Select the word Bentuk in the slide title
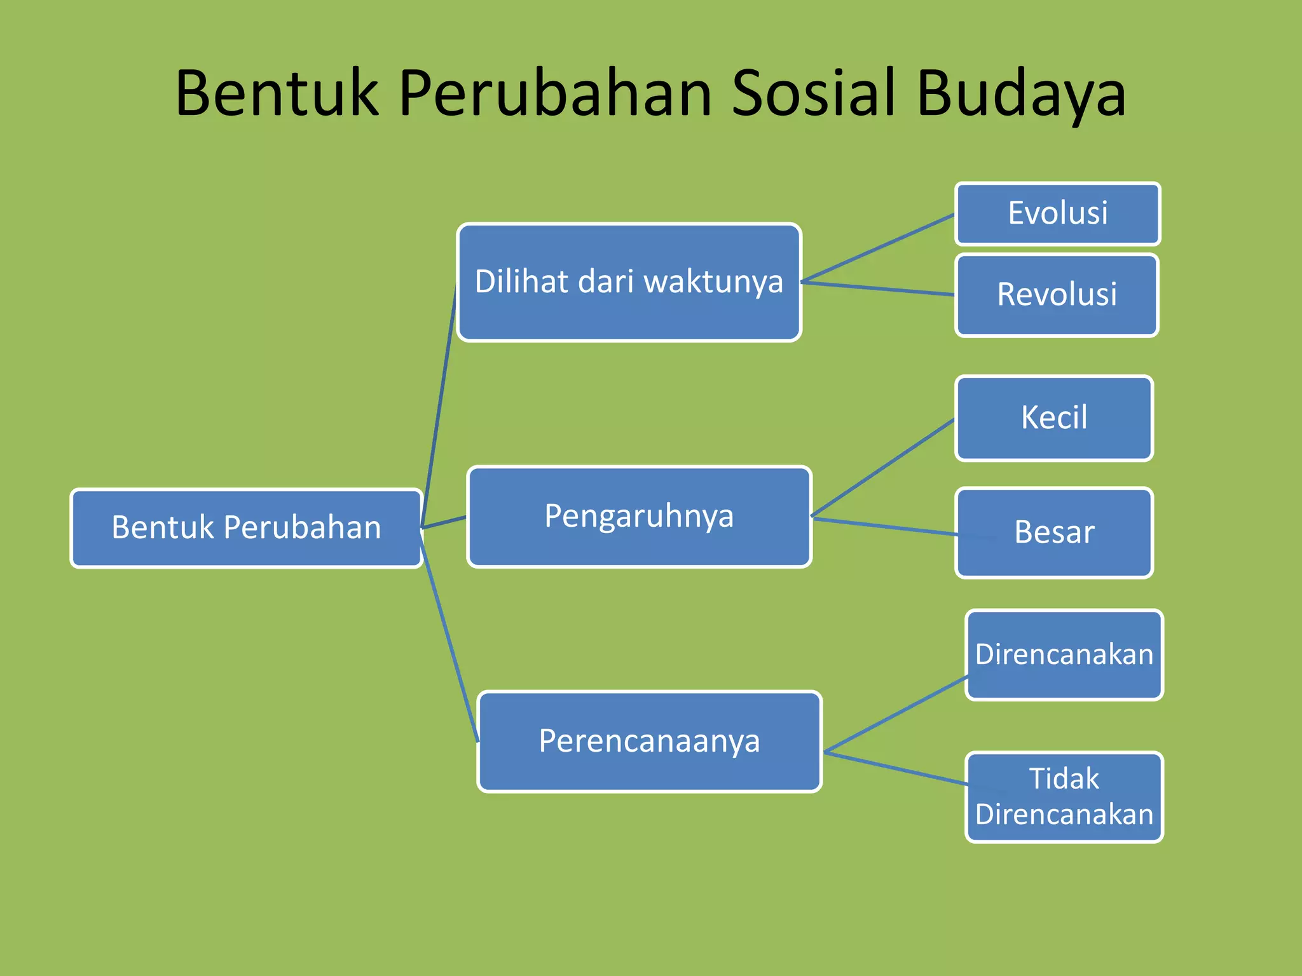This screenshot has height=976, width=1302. [277, 93]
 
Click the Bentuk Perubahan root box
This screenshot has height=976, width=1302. [247, 527]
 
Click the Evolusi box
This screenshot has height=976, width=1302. [1057, 213]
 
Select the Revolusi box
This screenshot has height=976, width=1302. [1057, 295]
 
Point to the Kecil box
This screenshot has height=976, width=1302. [1054, 418]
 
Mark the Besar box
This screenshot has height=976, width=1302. [1054, 532]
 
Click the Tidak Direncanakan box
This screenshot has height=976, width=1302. [1064, 797]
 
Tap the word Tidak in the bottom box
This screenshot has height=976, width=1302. [1064, 778]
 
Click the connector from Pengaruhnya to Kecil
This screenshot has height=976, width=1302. [884, 467]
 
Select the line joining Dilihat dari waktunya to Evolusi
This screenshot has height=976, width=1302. [877, 248]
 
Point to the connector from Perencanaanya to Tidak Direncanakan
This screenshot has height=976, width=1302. [896, 768]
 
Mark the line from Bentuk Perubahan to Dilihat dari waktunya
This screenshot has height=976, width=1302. [439, 407]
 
